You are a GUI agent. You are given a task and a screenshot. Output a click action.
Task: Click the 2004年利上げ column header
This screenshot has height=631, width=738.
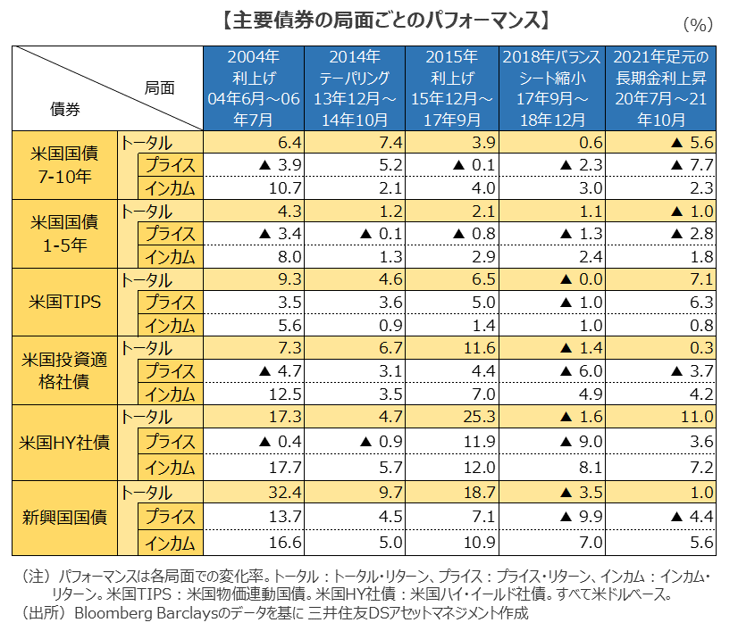(x=254, y=87)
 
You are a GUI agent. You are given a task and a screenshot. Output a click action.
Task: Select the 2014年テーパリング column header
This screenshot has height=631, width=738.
(x=355, y=87)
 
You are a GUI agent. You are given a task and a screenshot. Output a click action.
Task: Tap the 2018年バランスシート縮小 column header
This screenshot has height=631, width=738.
(x=550, y=87)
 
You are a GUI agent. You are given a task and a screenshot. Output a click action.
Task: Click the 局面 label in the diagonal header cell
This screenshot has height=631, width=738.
(x=159, y=87)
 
